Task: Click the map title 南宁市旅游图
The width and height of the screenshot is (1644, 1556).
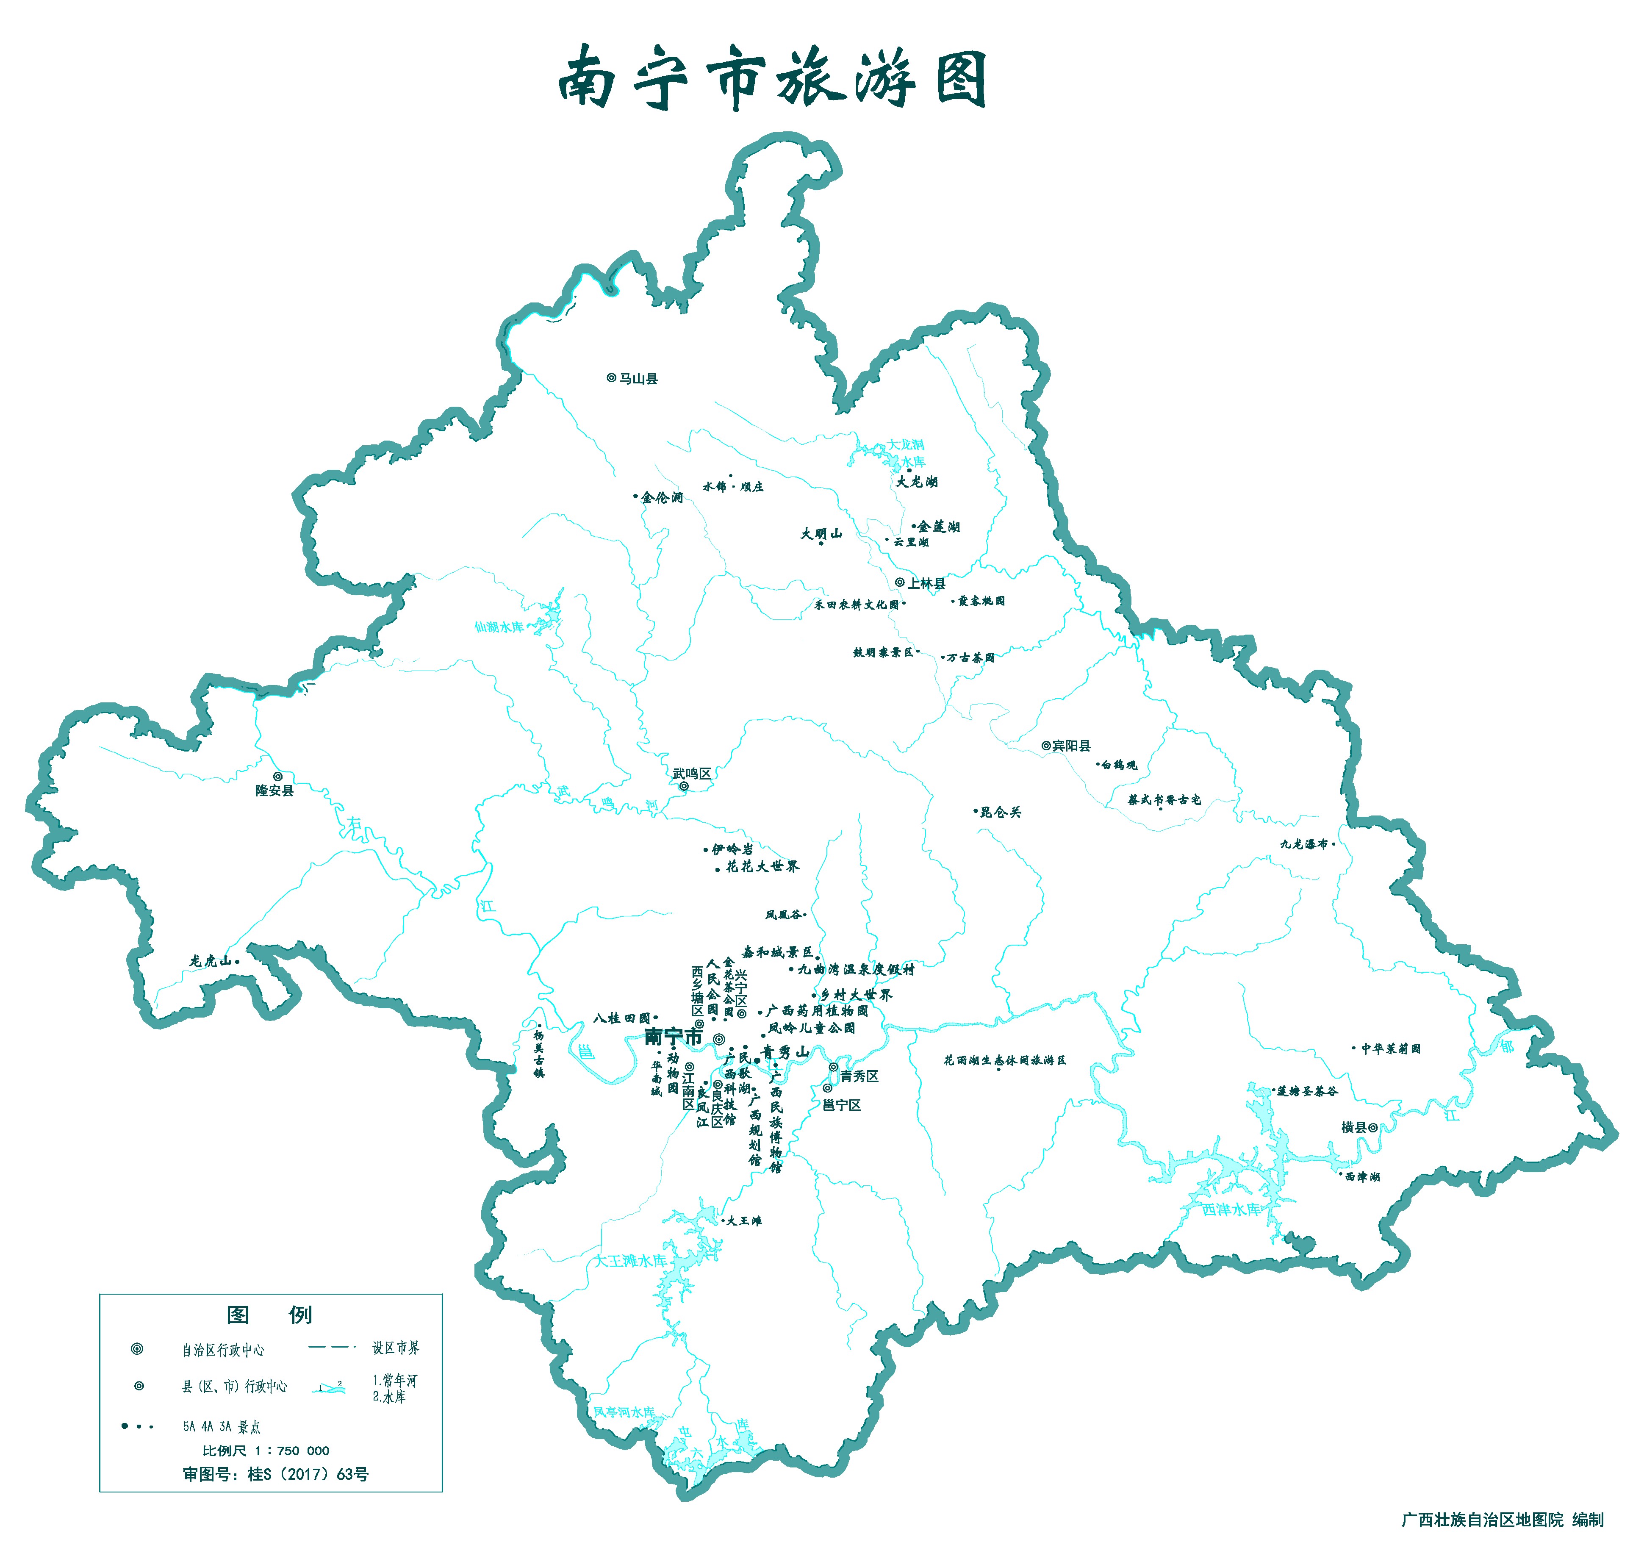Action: click(771, 79)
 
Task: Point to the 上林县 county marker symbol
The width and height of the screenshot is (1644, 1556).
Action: click(900, 582)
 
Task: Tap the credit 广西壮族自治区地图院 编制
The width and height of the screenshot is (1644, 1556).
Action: click(1501, 1520)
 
